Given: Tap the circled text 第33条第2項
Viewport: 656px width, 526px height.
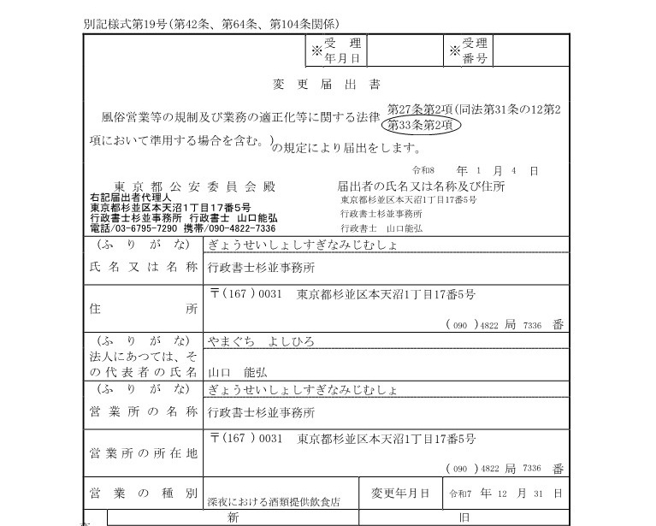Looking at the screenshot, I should tap(424, 126).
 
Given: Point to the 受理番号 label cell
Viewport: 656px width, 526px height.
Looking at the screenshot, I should tap(468, 50).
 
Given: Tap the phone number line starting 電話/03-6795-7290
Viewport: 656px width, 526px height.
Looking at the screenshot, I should tap(183, 228).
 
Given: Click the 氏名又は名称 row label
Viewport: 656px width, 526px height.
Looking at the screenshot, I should tap(144, 268).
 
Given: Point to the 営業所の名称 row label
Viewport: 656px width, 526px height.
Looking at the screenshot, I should tap(144, 411).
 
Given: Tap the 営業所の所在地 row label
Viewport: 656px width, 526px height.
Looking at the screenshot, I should tap(144, 451).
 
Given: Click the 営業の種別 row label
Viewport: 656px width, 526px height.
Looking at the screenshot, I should tap(144, 493).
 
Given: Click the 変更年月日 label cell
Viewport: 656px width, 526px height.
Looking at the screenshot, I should tap(401, 493).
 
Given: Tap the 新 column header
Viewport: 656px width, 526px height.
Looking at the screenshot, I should tap(232, 517).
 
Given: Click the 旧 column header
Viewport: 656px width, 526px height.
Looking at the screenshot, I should tap(462, 517).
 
